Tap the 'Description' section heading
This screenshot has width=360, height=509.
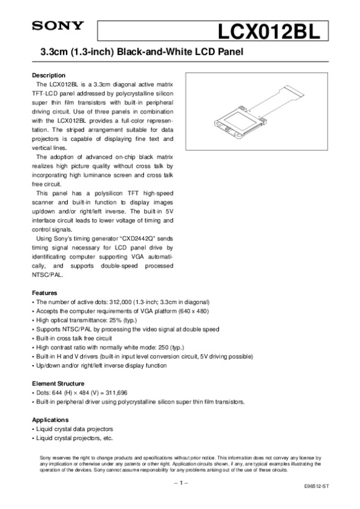(49, 76)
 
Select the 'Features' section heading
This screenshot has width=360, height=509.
(44, 292)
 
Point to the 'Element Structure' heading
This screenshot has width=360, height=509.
(58, 382)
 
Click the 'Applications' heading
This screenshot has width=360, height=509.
(50, 420)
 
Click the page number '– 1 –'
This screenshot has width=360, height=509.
(181, 481)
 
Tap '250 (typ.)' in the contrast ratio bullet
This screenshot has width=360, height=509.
(170, 347)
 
